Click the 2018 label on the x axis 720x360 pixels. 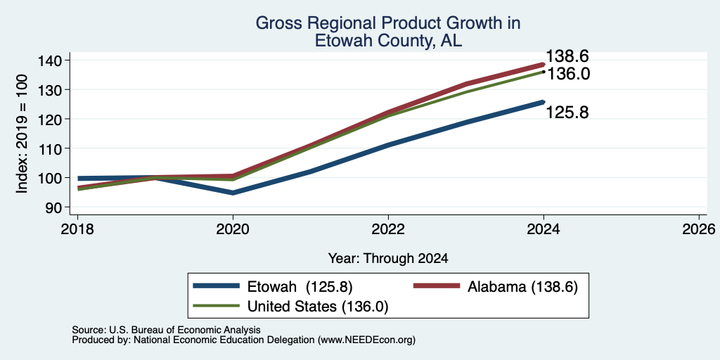pos(77,229)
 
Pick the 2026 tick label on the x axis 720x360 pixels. pos(698,229)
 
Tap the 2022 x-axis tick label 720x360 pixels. pos(388,229)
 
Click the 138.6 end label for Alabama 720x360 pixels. pos(567,56)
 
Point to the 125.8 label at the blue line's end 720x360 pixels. pos(567,112)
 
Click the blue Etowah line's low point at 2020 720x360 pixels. pos(233,193)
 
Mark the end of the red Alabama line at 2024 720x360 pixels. pos(544,64)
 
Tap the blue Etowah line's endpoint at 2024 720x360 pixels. pos(544,102)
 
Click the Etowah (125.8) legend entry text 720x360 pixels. pos(300,287)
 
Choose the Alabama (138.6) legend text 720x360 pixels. pos(522,287)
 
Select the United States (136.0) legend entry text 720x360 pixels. pos(318,307)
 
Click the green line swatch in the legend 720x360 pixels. pos(216,306)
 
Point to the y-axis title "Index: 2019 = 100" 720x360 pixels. pos(22,134)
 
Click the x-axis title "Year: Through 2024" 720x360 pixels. pos(388,259)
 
